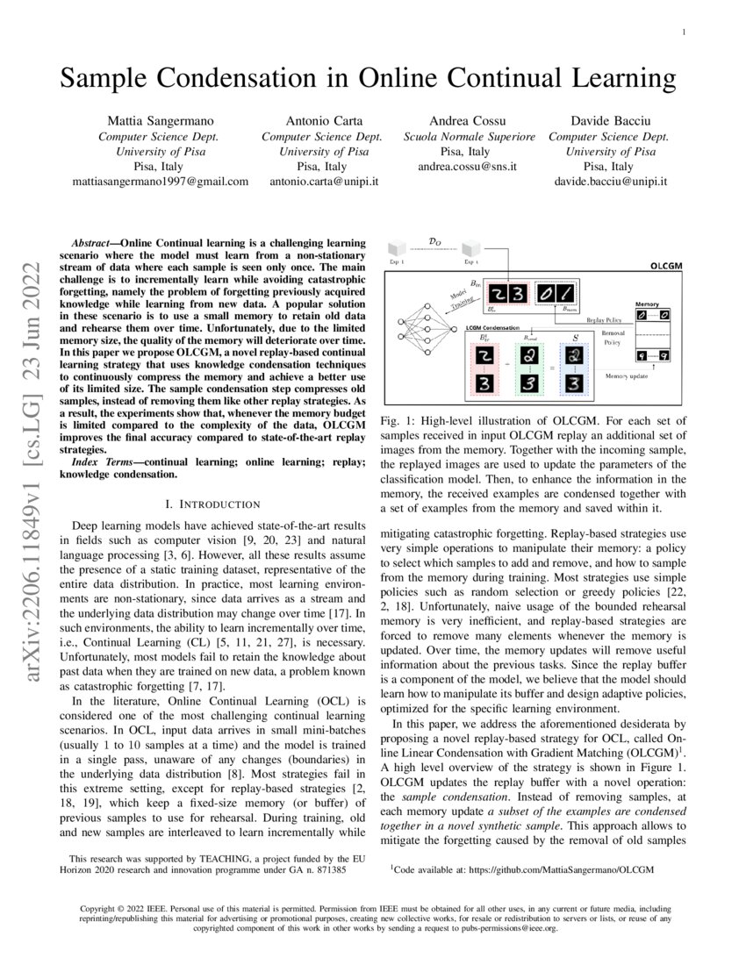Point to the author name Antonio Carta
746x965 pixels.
click(x=322, y=119)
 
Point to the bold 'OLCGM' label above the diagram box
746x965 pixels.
click(x=666, y=265)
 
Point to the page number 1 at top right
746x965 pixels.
click(x=683, y=32)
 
